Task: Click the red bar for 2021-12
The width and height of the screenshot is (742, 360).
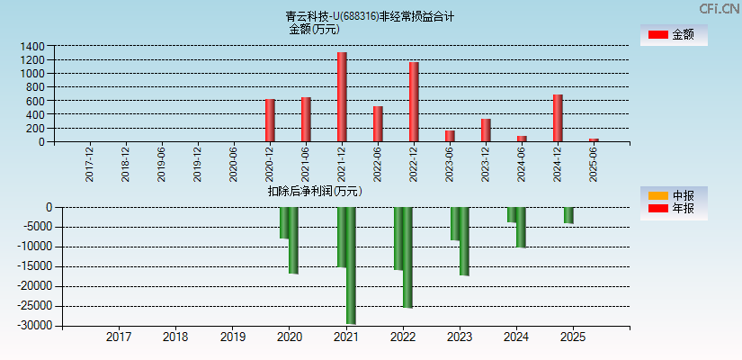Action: point(342,97)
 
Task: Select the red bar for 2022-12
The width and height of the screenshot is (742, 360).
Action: point(414,102)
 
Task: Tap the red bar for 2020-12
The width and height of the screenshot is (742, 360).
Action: point(270,121)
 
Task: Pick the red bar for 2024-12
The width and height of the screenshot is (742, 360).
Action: point(558,118)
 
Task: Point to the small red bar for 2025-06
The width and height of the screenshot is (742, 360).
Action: point(594,139)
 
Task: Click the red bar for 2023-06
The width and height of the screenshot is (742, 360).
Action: point(450,136)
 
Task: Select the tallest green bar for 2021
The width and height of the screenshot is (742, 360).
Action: point(351,265)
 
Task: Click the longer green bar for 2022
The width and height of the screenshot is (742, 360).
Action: point(407,257)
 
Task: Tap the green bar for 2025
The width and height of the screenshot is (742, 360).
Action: point(568,215)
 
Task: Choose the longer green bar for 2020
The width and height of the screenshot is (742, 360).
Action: point(293,240)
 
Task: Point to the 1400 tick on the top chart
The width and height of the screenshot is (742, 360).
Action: point(31,46)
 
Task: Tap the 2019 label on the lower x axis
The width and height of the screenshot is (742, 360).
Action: point(232,337)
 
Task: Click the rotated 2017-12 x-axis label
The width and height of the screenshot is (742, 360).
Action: point(90,164)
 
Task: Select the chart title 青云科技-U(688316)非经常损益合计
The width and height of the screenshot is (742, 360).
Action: point(370,16)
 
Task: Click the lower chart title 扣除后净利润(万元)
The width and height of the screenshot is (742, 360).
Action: point(314,191)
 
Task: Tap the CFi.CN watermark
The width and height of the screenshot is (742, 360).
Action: point(719,9)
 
